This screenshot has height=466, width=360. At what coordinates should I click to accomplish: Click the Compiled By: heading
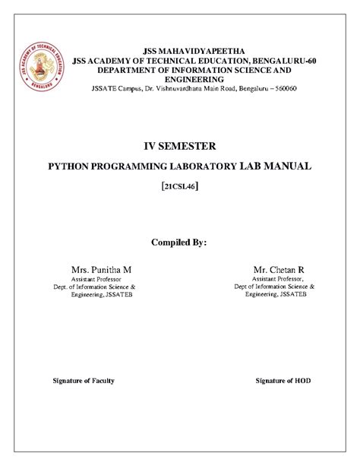pyautogui.click(x=180, y=243)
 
